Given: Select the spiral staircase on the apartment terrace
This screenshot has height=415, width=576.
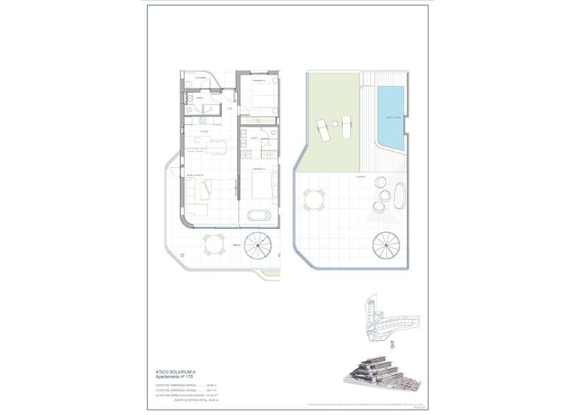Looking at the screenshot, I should tap(258, 246).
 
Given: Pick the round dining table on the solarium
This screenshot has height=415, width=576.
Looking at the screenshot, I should tap(314, 199).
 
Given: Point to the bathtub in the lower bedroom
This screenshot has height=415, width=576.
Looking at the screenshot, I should tap(258, 216).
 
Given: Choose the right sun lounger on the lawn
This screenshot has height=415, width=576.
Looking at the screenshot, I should tap(346, 125).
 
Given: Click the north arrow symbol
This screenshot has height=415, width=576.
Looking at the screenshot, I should tap(393, 344).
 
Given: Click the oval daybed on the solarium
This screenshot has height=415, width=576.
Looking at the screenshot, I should tap(399, 197).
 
